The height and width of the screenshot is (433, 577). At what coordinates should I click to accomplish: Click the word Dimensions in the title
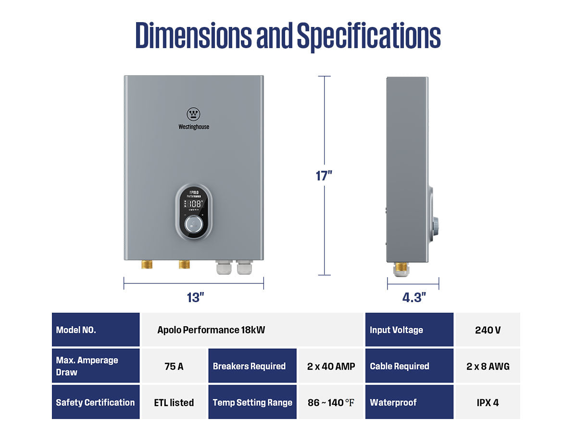click(193, 36)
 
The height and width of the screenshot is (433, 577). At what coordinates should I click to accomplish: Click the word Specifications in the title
click(368, 36)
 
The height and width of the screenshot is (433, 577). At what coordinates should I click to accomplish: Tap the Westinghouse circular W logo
click(193, 114)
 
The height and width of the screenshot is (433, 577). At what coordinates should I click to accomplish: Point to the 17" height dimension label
click(324, 176)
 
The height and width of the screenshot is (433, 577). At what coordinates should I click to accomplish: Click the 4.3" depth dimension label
click(414, 298)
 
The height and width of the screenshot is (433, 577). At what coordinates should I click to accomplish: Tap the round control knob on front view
click(194, 224)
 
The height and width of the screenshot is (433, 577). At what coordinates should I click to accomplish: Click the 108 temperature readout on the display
click(195, 204)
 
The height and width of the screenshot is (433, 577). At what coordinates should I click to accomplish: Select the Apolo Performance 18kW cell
click(211, 330)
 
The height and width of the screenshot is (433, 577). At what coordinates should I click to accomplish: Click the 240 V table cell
click(488, 330)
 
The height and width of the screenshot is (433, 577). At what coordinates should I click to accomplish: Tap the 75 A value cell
click(174, 366)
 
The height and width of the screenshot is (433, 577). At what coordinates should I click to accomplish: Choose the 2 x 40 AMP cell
click(331, 366)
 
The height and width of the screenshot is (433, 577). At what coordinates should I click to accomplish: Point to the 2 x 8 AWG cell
click(488, 366)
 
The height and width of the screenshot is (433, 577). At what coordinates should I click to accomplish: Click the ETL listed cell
click(174, 402)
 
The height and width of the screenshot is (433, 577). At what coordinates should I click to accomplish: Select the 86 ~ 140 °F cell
click(331, 402)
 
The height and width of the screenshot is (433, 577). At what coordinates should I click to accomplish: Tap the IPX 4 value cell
click(488, 402)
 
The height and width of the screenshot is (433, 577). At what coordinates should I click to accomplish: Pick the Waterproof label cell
click(409, 402)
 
